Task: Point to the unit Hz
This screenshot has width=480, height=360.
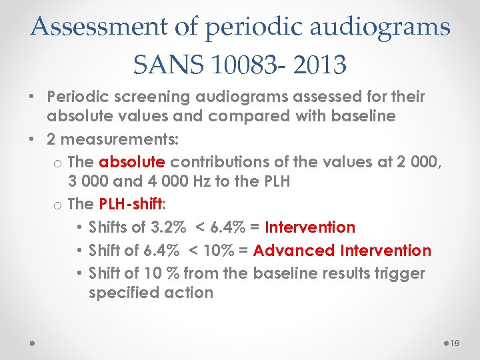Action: pos(217,181)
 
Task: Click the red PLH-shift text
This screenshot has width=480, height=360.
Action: pos(129,204)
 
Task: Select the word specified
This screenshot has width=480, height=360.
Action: pos(121,293)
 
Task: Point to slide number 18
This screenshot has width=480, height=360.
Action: pos(455,343)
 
